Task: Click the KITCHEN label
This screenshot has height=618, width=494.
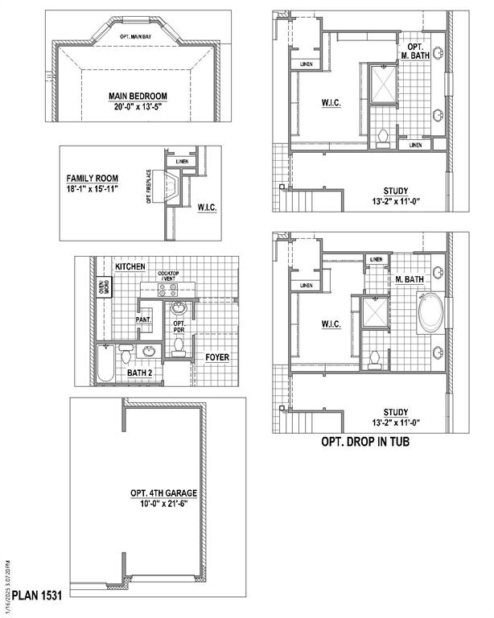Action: coord(130,266)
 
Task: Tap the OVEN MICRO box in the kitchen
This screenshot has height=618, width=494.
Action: coord(105,287)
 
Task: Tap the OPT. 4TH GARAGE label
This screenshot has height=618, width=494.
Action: coord(163,493)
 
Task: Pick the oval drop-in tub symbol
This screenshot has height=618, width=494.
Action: coord(430,314)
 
